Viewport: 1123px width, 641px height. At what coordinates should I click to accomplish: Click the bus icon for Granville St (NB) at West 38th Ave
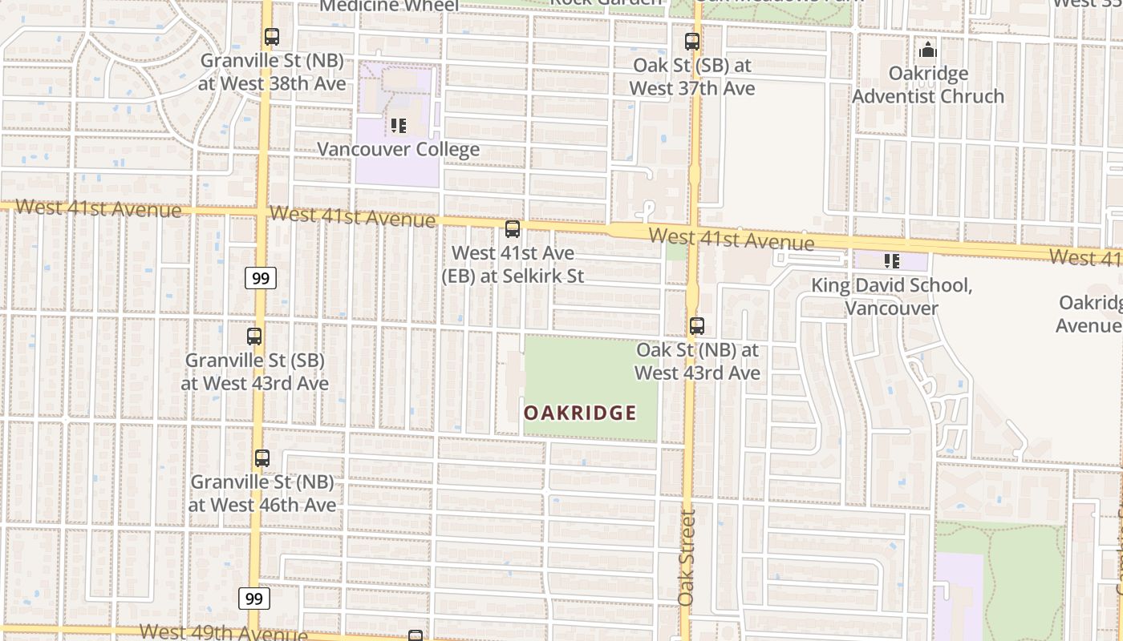coord(272,37)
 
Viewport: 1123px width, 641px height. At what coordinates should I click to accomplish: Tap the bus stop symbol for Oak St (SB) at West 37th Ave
coord(692,42)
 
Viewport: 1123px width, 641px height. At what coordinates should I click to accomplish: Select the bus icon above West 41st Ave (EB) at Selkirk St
coord(513,229)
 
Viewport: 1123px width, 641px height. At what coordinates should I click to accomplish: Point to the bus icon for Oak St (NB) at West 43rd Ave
coord(697,326)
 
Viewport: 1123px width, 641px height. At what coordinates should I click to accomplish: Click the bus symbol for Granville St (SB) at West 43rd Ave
coord(254,337)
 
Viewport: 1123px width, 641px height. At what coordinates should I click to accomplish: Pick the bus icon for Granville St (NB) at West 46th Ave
coord(262,458)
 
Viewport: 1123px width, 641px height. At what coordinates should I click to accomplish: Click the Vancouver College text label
coord(399,149)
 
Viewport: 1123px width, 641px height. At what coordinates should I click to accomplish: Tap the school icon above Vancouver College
coord(399,126)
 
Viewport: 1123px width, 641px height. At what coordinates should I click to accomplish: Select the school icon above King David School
coord(891,261)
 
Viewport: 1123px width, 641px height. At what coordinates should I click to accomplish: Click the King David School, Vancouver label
coord(891,296)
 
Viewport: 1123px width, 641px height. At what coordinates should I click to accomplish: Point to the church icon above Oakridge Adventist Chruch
coord(928,50)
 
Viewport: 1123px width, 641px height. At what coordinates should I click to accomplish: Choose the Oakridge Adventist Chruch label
coord(928,85)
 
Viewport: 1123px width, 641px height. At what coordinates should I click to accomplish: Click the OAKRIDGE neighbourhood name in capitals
coord(580,413)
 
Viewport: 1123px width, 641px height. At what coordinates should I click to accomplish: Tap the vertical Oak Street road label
coord(687,558)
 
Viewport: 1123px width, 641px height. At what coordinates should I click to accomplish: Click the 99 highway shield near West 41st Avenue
coord(260,278)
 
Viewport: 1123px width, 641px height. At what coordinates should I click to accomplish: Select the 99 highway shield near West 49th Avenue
coord(253,599)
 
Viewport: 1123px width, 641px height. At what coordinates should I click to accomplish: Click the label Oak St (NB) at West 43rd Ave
coord(698,361)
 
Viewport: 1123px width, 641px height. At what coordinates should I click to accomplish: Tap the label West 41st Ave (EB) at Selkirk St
coord(513,264)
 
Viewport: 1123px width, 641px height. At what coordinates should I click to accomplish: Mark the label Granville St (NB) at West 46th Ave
coord(262,494)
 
